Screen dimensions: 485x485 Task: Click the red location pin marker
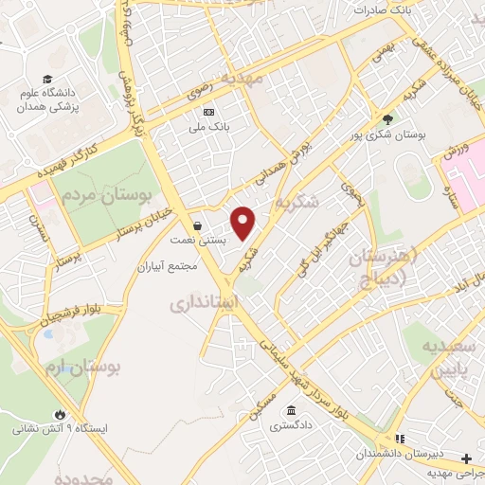pyautogui.click(x=244, y=224)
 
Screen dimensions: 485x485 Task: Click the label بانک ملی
pyautogui.click(x=211, y=124)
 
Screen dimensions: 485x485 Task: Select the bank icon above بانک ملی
pyautogui.click(x=209, y=110)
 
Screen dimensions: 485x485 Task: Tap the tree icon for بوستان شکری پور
pyautogui.click(x=387, y=119)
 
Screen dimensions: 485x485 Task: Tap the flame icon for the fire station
pyautogui.click(x=62, y=415)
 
